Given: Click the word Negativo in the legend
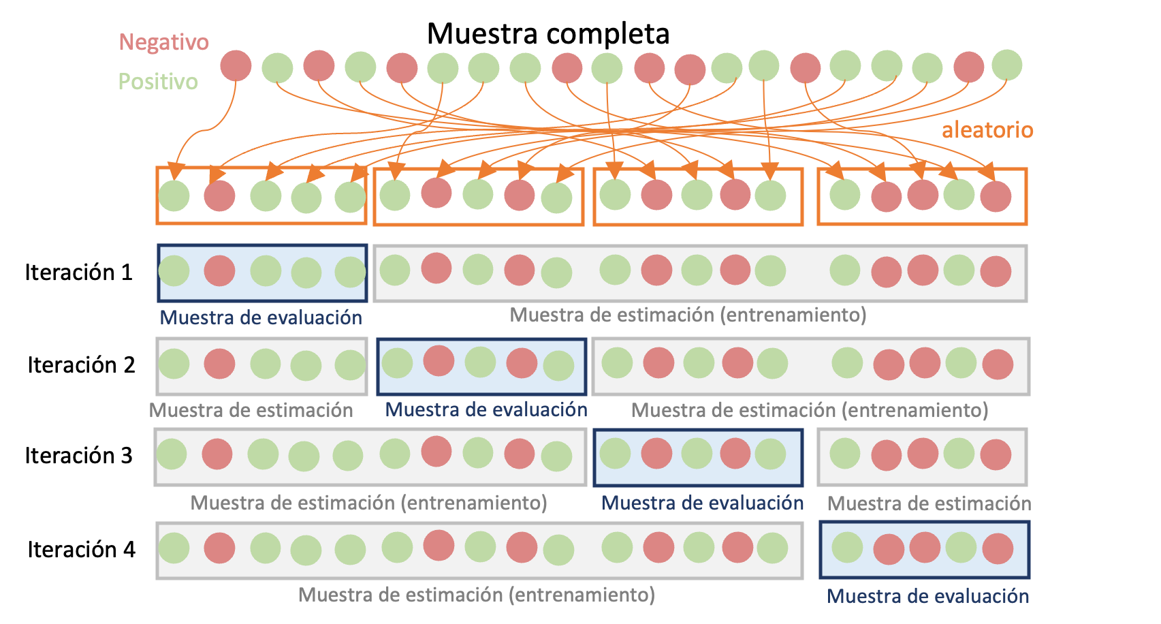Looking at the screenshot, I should (163, 42).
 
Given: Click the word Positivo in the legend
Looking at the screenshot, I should (158, 82).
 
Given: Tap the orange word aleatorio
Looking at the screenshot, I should (987, 129).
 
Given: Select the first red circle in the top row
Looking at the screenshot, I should (236, 66).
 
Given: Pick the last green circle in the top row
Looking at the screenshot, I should (1006, 65).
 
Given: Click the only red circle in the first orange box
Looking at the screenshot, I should (219, 196).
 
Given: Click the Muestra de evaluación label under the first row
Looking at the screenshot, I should (261, 317).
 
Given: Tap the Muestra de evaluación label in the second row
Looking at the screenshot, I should (486, 409).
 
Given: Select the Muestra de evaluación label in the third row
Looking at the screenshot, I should (702, 503).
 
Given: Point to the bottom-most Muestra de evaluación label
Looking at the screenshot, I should (927, 596).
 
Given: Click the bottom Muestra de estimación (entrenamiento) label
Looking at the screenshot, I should (476, 595).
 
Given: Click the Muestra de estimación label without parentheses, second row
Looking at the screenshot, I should (251, 410).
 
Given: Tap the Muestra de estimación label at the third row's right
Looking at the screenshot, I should (928, 503).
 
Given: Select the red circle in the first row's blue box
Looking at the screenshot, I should (219, 270).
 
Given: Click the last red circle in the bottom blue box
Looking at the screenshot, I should (998, 548).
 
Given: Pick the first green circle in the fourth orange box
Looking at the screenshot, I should (845, 195).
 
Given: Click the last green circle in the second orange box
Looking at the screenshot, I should (556, 198).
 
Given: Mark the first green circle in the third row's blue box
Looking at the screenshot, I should (615, 454).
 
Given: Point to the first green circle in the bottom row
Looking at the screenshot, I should (174, 548).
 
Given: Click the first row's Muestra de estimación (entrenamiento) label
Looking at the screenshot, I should (688, 315).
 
